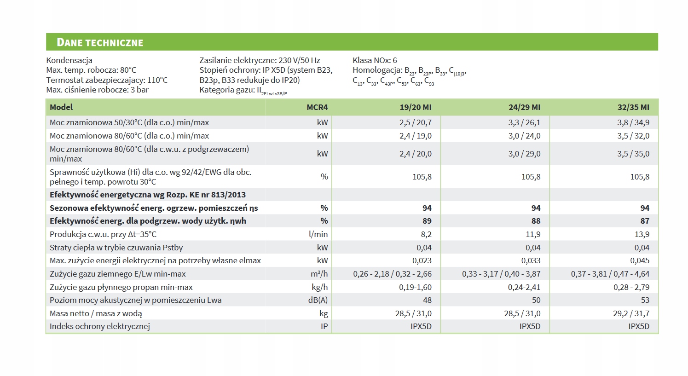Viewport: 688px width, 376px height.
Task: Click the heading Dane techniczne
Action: click(100, 42)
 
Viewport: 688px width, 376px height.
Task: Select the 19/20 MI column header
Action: click(415, 107)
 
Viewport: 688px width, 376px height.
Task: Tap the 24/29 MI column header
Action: click(524, 107)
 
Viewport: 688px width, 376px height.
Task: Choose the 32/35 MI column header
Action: click(633, 107)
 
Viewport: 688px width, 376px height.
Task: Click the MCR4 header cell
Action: click(317, 107)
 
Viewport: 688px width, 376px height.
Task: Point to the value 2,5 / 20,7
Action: click(415, 122)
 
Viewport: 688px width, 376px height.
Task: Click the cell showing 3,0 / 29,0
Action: click(524, 154)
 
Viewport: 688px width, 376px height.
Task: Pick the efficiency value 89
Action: click(427, 221)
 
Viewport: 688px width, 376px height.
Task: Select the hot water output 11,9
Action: click(533, 234)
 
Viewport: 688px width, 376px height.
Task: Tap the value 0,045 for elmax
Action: click(640, 260)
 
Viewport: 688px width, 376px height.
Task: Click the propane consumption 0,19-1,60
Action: click(415, 287)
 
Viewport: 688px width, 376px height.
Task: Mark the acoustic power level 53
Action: click(645, 300)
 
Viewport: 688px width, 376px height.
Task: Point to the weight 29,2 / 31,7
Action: click(631, 313)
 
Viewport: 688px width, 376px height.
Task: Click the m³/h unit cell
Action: click(319, 274)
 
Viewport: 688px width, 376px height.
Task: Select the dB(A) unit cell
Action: click(318, 300)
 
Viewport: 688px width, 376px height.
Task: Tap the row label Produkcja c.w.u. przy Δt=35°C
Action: click(103, 234)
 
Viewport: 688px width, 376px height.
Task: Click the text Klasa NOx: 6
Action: click(375, 60)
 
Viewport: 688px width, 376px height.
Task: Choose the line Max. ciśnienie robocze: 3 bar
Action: click(97, 90)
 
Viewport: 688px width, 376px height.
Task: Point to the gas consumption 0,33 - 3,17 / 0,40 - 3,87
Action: click(501, 274)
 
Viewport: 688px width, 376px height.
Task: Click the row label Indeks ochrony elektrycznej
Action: click(100, 326)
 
